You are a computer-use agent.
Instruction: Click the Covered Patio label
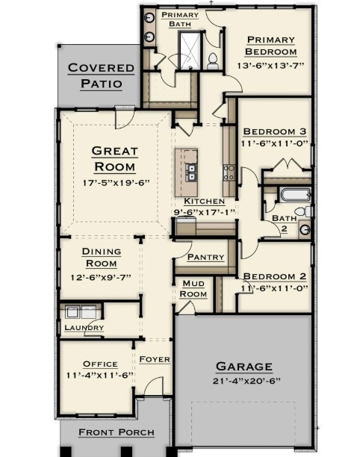tap(101, 75)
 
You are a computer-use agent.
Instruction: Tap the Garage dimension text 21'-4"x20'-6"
tap(243, 380)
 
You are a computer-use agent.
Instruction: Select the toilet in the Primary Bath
tap(213, 61)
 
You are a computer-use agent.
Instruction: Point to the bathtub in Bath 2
tap(293, 196)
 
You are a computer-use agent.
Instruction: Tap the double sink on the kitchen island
tap(190, 172)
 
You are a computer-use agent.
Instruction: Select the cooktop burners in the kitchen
tap(228, 173)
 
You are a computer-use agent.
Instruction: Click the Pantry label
tap(205, 257)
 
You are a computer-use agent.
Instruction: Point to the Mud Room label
tap(193, 289)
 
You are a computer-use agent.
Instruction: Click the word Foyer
tap(155, 359)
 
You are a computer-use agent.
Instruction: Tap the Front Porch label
tap(117, 432)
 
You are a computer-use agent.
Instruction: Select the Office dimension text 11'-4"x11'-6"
tap(99, 375)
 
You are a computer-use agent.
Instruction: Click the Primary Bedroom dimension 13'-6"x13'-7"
tap(270, 66)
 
